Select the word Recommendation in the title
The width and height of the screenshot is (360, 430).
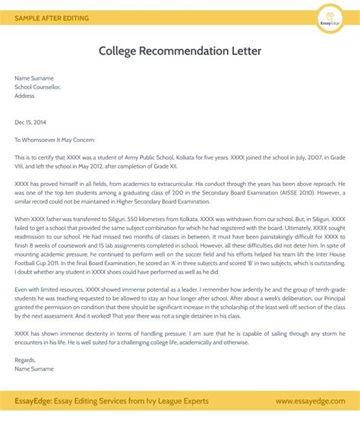[x=189, y=51]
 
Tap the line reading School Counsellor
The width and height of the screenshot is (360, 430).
[x=37, y=87]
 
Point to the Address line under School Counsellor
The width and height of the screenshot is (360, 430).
[x=25, y=96]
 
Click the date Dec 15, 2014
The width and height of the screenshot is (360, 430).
[x=30, y=122]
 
